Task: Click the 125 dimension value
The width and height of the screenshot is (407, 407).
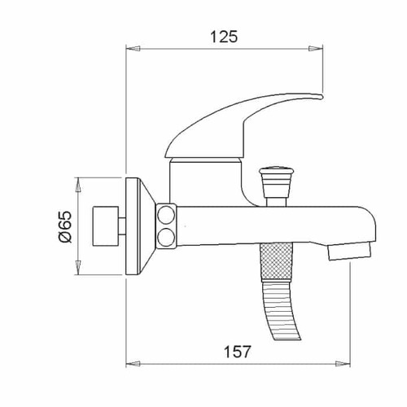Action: tap(224, 37)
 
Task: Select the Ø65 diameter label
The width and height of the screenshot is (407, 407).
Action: tap(65, 226)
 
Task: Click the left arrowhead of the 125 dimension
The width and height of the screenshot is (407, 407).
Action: tap(133, 49)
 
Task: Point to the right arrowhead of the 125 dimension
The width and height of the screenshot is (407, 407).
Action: tap(316, 49)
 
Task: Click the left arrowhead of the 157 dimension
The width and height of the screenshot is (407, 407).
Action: tap(133, 364)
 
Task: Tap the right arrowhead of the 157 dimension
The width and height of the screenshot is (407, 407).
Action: tap(343, 364)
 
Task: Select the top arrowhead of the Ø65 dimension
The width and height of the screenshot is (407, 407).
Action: tap(78, 185)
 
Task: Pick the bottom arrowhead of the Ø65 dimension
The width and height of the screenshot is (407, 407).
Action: tap(78, 268)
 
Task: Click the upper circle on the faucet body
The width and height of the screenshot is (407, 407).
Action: tap(166, 215)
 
